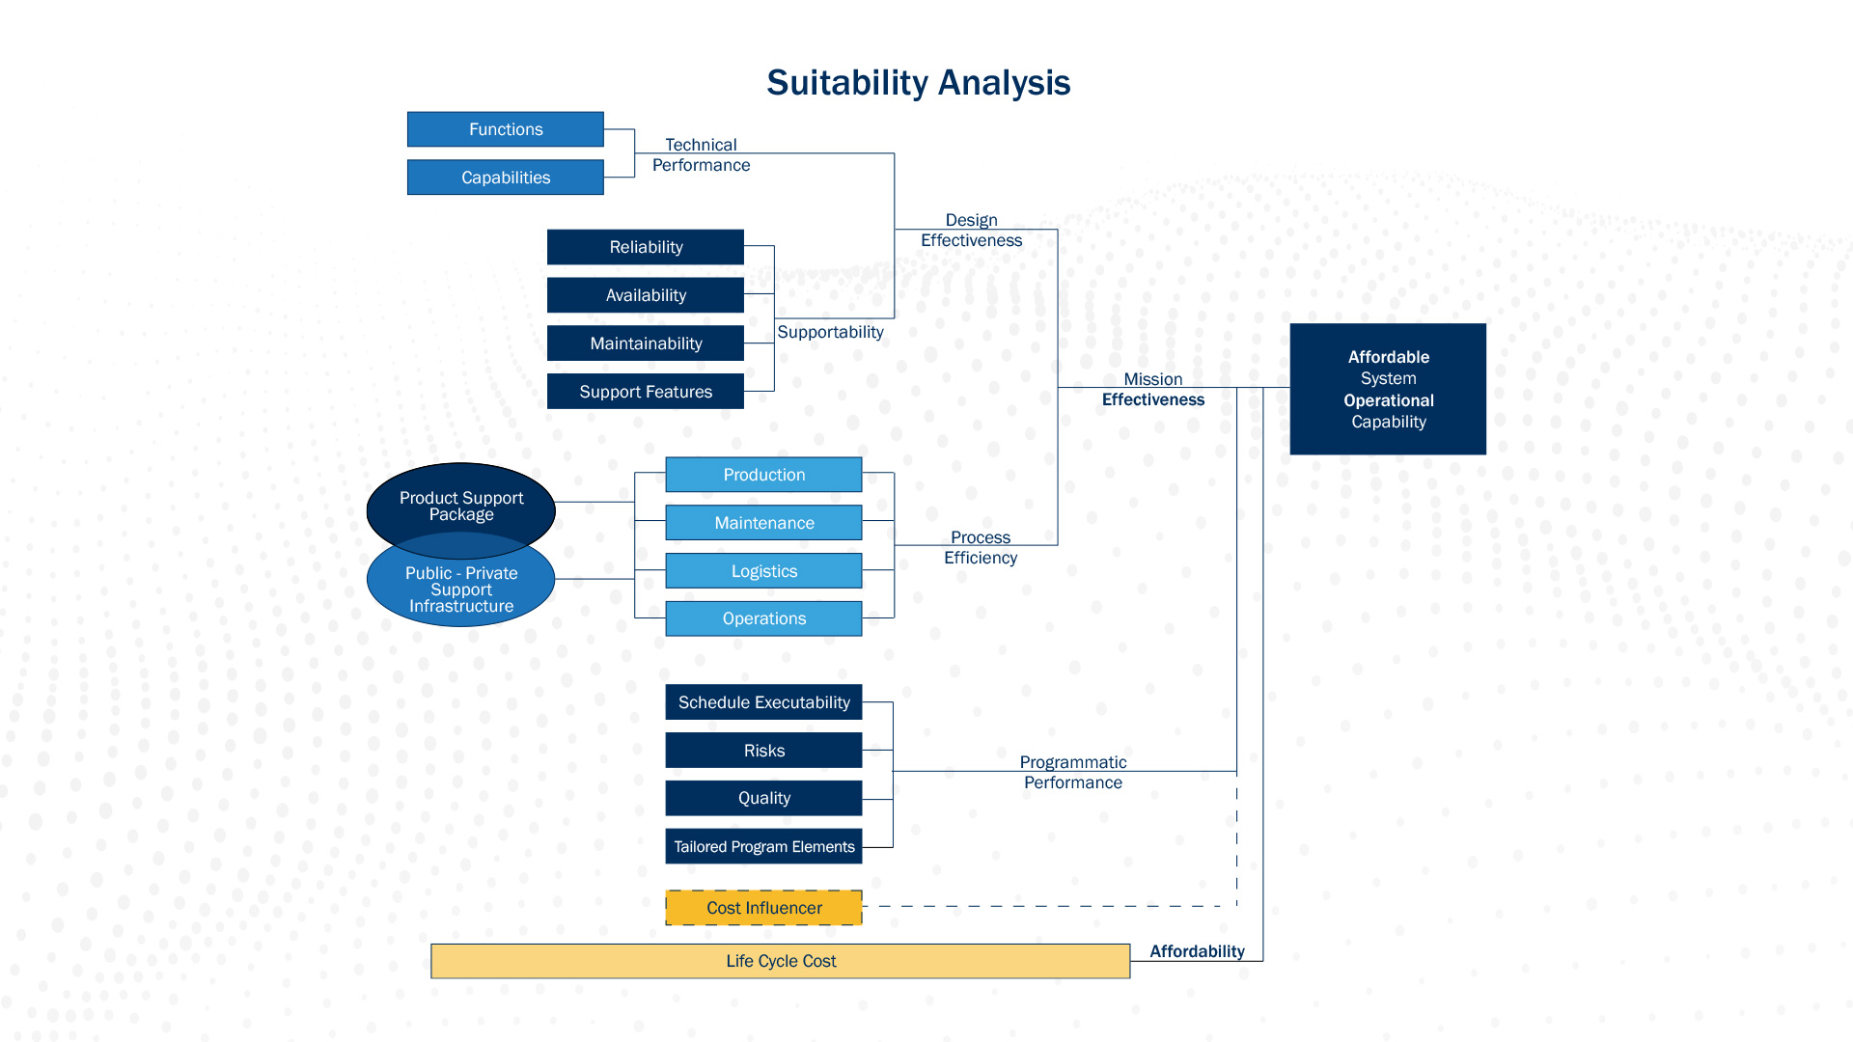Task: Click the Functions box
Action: [x=505, y=129]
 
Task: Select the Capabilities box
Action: [x=505, y=178]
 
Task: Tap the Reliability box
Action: [x=645, y=247]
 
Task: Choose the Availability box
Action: [x=645, y=295]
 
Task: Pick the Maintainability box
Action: [x=645, y=343]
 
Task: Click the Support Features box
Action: [x=645, y=392]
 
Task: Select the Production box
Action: [x=763, y=475]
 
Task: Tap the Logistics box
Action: [x=763, y=571]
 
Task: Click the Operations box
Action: [x=763, y=618]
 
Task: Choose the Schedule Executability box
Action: [x=763, y=702]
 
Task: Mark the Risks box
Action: [x=763, y=751]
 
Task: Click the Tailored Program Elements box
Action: [x=763, y=846]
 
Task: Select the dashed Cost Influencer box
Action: [x=763, y=908]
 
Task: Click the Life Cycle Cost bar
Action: [x=780, y=961]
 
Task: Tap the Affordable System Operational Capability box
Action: [x=1388, y=389]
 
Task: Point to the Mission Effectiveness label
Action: [x=1152, y=390]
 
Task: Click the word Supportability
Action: [x=830, y=332]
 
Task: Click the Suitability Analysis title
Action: [x=918, y=83]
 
